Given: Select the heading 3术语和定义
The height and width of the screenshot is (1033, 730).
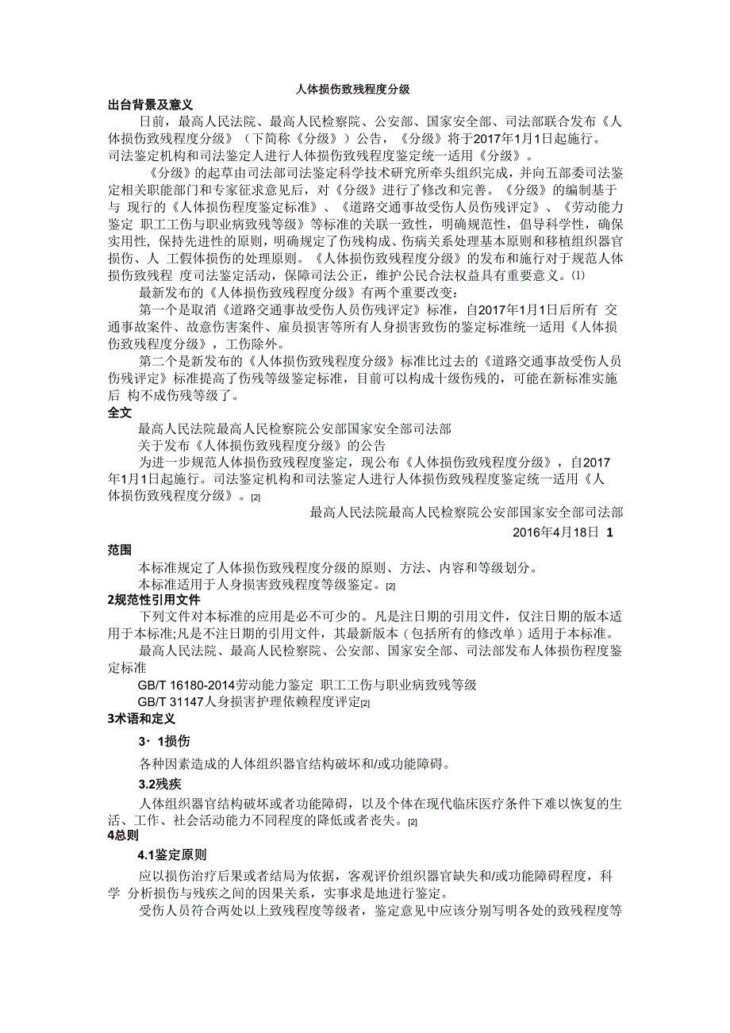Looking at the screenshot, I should [140, 720].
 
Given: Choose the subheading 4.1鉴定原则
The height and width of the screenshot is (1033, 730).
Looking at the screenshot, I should [172, 855].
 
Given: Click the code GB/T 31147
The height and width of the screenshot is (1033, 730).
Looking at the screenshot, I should [170, 702].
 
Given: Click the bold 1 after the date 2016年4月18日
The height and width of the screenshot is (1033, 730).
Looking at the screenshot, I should [609, 532].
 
